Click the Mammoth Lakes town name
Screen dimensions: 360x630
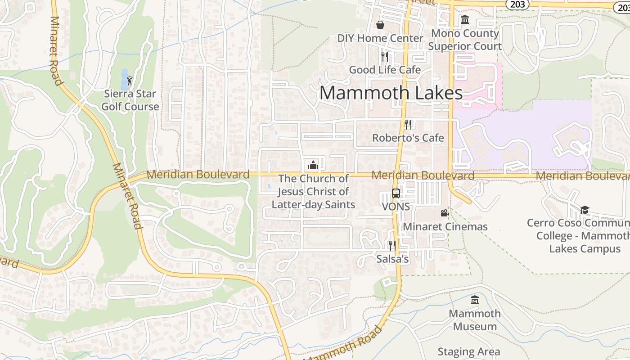click(391, 93)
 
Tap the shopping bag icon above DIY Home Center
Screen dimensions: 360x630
click(380, 24)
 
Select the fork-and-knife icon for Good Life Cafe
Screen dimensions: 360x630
click(385, 56)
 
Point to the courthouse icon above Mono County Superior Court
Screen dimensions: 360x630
click(464, 20)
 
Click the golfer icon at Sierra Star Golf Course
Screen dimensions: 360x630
click(130, 81)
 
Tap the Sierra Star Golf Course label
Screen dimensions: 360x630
click(130, 100)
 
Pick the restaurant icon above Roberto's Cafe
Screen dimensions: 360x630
click(408, 124)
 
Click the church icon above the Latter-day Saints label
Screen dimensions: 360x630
click(313, 165)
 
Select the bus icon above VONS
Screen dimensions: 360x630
click(396, 193)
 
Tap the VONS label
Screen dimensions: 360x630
click(396, 207)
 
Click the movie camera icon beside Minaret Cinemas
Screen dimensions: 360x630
click(445, 213)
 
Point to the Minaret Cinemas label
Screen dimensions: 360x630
click(445, 227)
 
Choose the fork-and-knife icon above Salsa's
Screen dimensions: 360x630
click(392, 245)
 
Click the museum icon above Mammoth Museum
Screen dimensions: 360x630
click(475, 300)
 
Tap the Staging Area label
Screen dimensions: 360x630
click(468, 351)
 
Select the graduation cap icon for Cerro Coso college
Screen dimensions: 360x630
click(585, 210)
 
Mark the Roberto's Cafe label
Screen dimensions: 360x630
click(408, 138)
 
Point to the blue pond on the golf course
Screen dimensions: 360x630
click(124, 79)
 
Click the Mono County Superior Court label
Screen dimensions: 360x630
click(465, 40)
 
